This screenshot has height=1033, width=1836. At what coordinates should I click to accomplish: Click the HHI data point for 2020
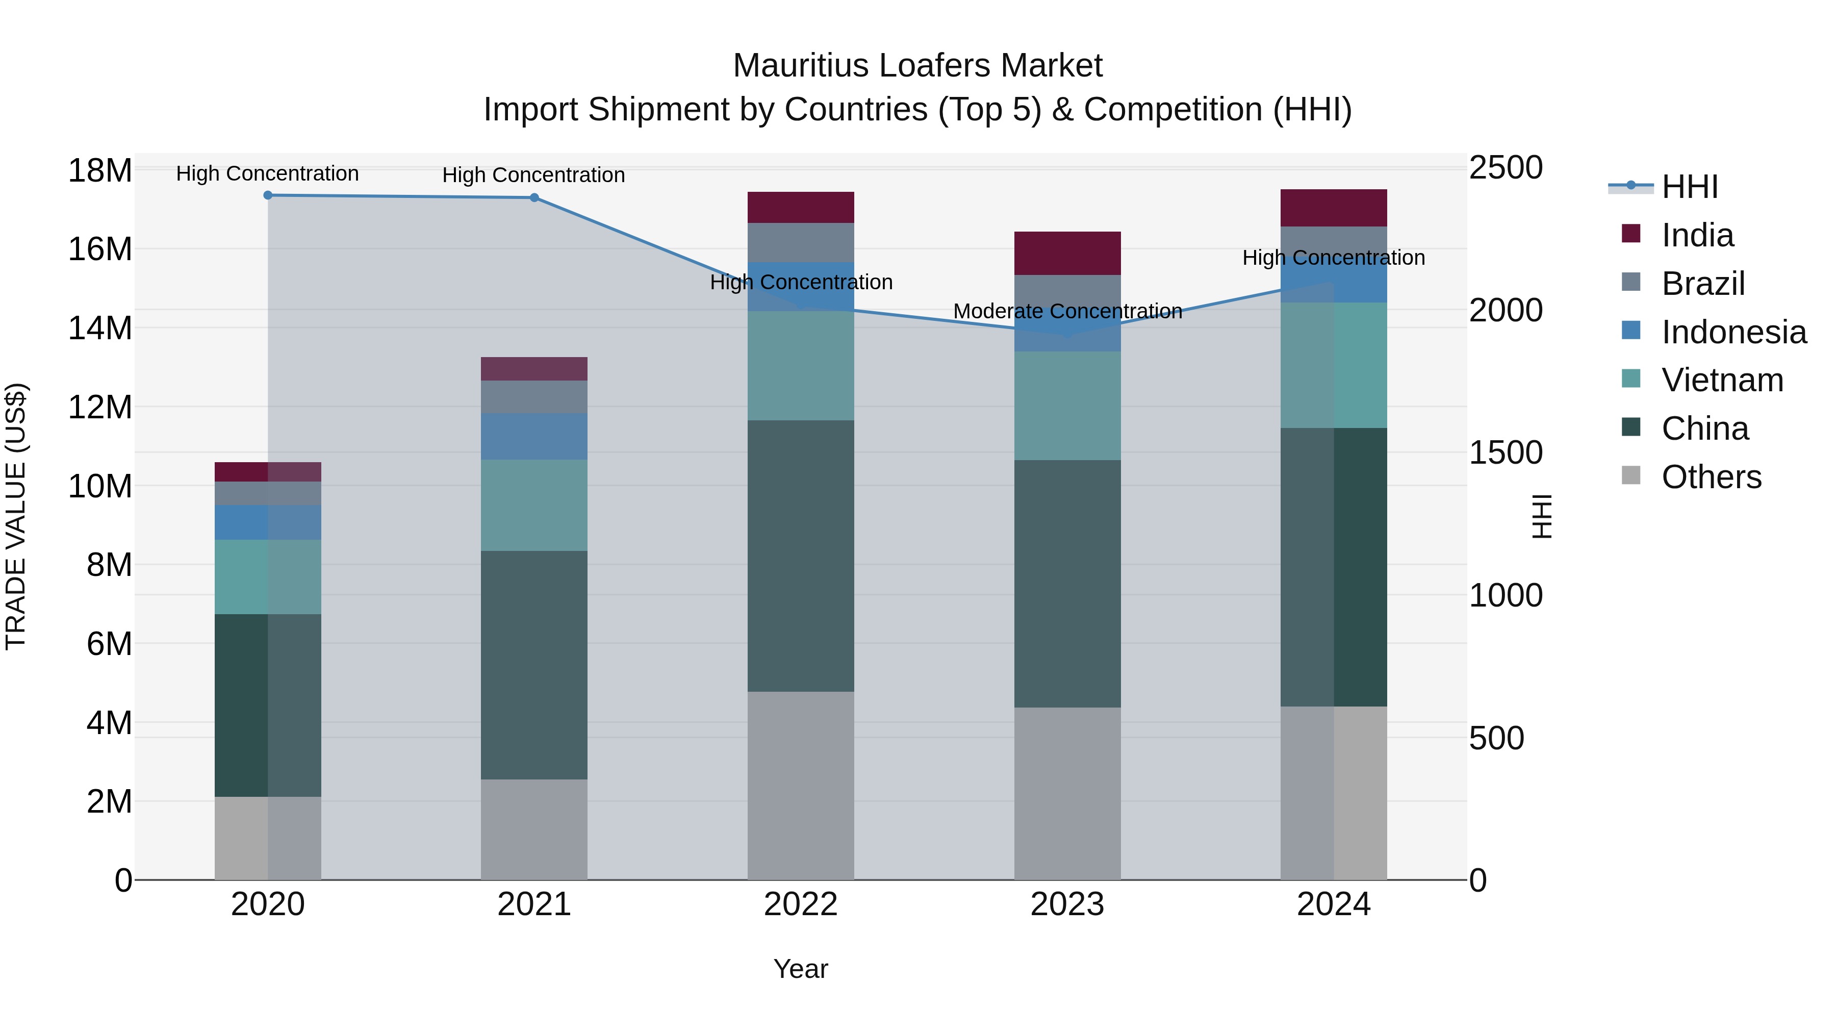pyautogui.click(x=268, y=195)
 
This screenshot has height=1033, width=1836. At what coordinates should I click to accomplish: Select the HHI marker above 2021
pyautogui.click(x=534, y=197)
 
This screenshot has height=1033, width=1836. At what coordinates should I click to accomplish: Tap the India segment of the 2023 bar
pyautogui.click(x=1067, y=253)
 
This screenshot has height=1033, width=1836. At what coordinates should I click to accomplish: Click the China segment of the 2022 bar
pyautogui.click(x=800, y=556)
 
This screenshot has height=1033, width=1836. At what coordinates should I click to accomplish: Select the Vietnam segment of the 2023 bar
pyautogui.click(x=1067, y=406)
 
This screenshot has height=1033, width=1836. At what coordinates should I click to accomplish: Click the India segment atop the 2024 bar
pyautogui.click(x=1334, y=208)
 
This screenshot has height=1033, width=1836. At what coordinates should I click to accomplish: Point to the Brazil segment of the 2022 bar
pyautogui.click(x=800, y=242)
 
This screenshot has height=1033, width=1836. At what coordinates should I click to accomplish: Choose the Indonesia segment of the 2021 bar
pyautogui.click(x=534, y=436)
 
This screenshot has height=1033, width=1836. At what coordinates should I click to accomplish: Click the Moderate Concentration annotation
pyautogui.click(x=1067, y=312)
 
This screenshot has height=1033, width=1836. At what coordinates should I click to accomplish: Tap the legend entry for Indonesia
pyautogui.click(x=1733, y=332)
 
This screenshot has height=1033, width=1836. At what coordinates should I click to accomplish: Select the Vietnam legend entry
pyautogui.click(x=1722, y=380)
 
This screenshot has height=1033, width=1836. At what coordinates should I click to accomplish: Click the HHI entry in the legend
pyautogui.click(x=1689, y=187)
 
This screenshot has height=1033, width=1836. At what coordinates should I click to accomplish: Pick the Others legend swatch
pyautogui.click(x=1631, y=475)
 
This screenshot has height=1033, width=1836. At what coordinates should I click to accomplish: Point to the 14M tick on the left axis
pyautogui.click(x=100, y=329)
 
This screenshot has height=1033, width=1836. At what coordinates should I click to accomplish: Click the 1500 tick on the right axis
pyautogui.click(x=1506, y=452)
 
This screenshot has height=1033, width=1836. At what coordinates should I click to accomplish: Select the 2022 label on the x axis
pyautogui.click(x=800, y=904)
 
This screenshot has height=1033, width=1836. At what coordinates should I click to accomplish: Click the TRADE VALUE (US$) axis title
pyautogui.click(x=16, y=516)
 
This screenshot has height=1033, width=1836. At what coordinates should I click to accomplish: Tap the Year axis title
pyautogui.click(x=800, y=969)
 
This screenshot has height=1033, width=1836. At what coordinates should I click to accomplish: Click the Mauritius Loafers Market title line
pyautogui.click(x=917, y=66)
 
